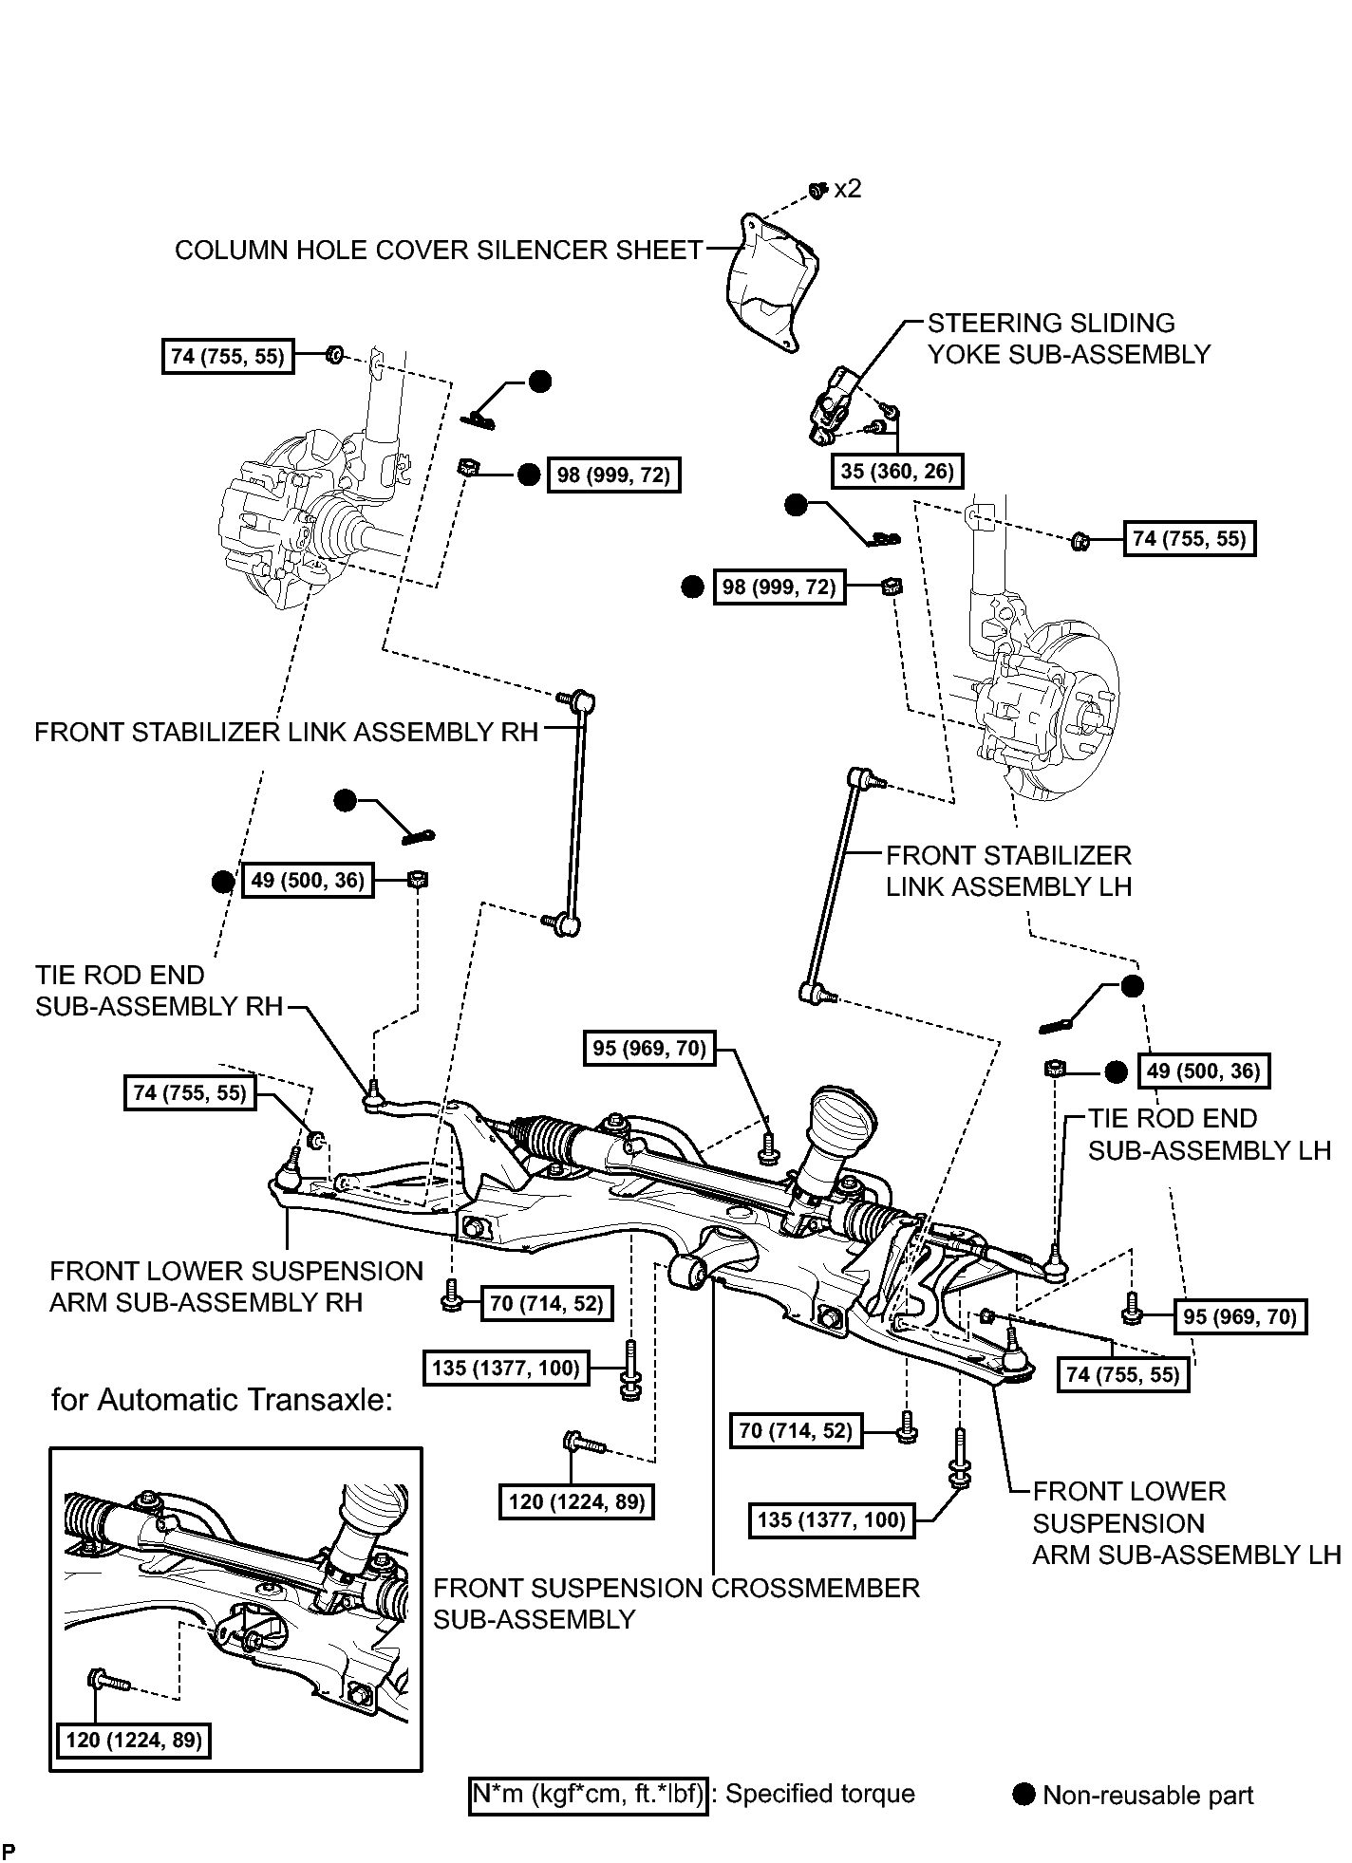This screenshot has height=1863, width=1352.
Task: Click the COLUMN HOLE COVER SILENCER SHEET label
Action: (439, 250)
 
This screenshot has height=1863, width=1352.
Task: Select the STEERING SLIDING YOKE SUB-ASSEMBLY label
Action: (1069, 338)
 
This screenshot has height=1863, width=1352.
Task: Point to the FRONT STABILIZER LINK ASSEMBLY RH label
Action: (287, 732)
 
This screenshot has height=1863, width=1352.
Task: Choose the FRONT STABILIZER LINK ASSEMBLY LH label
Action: (1009, 870)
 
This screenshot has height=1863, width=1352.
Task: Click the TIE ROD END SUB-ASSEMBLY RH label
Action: (160, 991)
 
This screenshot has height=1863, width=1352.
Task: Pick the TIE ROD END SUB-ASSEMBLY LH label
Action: (1210, 1134)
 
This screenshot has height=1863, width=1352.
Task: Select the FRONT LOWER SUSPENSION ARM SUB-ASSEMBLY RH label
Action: (236, 1286)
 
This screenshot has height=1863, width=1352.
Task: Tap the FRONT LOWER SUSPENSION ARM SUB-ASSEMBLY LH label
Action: (1187, 1523)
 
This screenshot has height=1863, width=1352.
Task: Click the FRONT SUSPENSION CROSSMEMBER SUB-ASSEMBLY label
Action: (677, 1603)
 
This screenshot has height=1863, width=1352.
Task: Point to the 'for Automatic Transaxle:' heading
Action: (222, 1400)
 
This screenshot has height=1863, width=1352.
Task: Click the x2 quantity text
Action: (848, 189)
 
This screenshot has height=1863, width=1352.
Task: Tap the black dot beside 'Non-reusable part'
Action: (1023, 1795)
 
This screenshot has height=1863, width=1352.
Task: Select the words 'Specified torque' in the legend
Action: (820, 1795)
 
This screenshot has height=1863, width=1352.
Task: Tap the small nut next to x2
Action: (816, 192)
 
